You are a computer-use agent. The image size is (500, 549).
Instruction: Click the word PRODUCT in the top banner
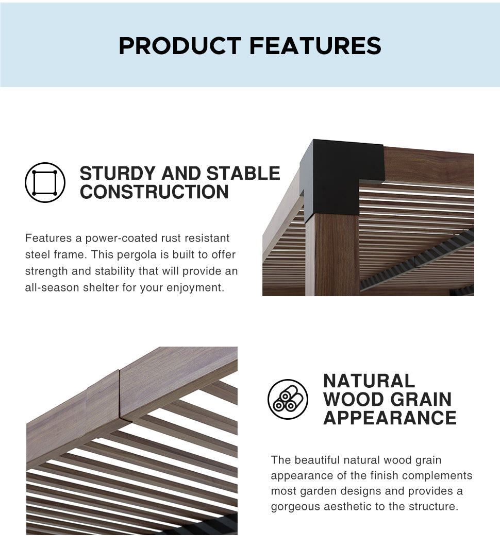[180, 46]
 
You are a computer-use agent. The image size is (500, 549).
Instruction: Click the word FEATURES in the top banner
[315, 46]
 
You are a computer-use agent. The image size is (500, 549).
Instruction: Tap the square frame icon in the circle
[45, 182]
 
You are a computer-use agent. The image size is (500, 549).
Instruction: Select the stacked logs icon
[288, 399]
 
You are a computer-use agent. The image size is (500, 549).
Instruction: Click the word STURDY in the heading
[118, 174]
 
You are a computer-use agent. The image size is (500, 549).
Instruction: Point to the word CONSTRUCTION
[154, 192]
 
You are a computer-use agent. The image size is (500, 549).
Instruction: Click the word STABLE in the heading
[243, 174]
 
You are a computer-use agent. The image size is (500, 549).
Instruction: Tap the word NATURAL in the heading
[369, 381]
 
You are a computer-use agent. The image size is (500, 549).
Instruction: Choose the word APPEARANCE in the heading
[390, 418]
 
